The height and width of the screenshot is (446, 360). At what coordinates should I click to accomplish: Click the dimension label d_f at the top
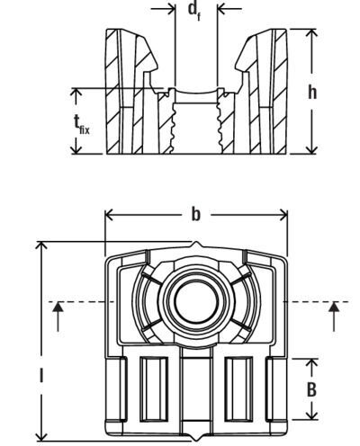tap(194, 11)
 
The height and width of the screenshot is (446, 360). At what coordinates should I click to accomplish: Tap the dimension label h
tap(312, 92)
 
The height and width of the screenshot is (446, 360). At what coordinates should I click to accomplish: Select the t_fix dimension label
tap(81, 124)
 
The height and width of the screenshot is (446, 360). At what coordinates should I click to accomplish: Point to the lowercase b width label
tap(196, 214)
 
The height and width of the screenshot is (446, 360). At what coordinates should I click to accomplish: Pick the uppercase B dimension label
tap(312, 389)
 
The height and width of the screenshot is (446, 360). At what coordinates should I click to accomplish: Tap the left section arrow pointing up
tap(58, 317)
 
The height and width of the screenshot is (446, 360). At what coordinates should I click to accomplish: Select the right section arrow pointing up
tap(334, 317)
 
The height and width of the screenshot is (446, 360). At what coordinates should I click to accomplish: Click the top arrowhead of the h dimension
tap(312, 32)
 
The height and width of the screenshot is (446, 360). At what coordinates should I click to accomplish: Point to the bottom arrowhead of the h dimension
tap(312, 150)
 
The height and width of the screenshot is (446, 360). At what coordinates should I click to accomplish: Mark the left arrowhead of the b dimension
tap(109, 215)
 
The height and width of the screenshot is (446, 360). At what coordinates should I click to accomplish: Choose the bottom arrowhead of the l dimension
tap(41, 437)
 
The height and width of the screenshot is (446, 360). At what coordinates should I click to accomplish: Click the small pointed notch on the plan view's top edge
tap(196, 245)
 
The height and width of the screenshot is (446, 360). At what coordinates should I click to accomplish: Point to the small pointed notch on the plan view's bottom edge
tap(196, 437)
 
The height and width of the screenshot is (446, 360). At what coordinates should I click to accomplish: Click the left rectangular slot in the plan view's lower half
tap(154, 389)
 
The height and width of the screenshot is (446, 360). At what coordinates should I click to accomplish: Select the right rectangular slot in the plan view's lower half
tap(238, 389)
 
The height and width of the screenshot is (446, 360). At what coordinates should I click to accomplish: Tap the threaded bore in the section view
tap(196, 128)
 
